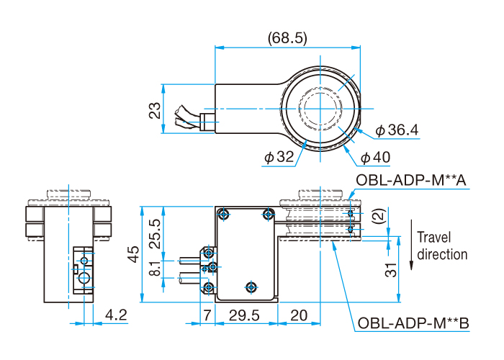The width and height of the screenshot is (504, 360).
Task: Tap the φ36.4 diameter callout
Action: pos(397,130)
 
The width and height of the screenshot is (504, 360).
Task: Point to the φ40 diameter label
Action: pos(374,157)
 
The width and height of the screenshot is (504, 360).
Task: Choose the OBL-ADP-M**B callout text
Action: pos(413,325)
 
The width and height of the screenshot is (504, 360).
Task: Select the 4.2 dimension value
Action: pos(116,315)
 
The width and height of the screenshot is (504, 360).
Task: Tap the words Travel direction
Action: pos(442,246)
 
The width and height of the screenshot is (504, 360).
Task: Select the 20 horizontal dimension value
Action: pos(298,315)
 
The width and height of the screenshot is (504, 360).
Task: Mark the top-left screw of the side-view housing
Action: pos(225,214)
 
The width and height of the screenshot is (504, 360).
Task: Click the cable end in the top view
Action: pos(181,117)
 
